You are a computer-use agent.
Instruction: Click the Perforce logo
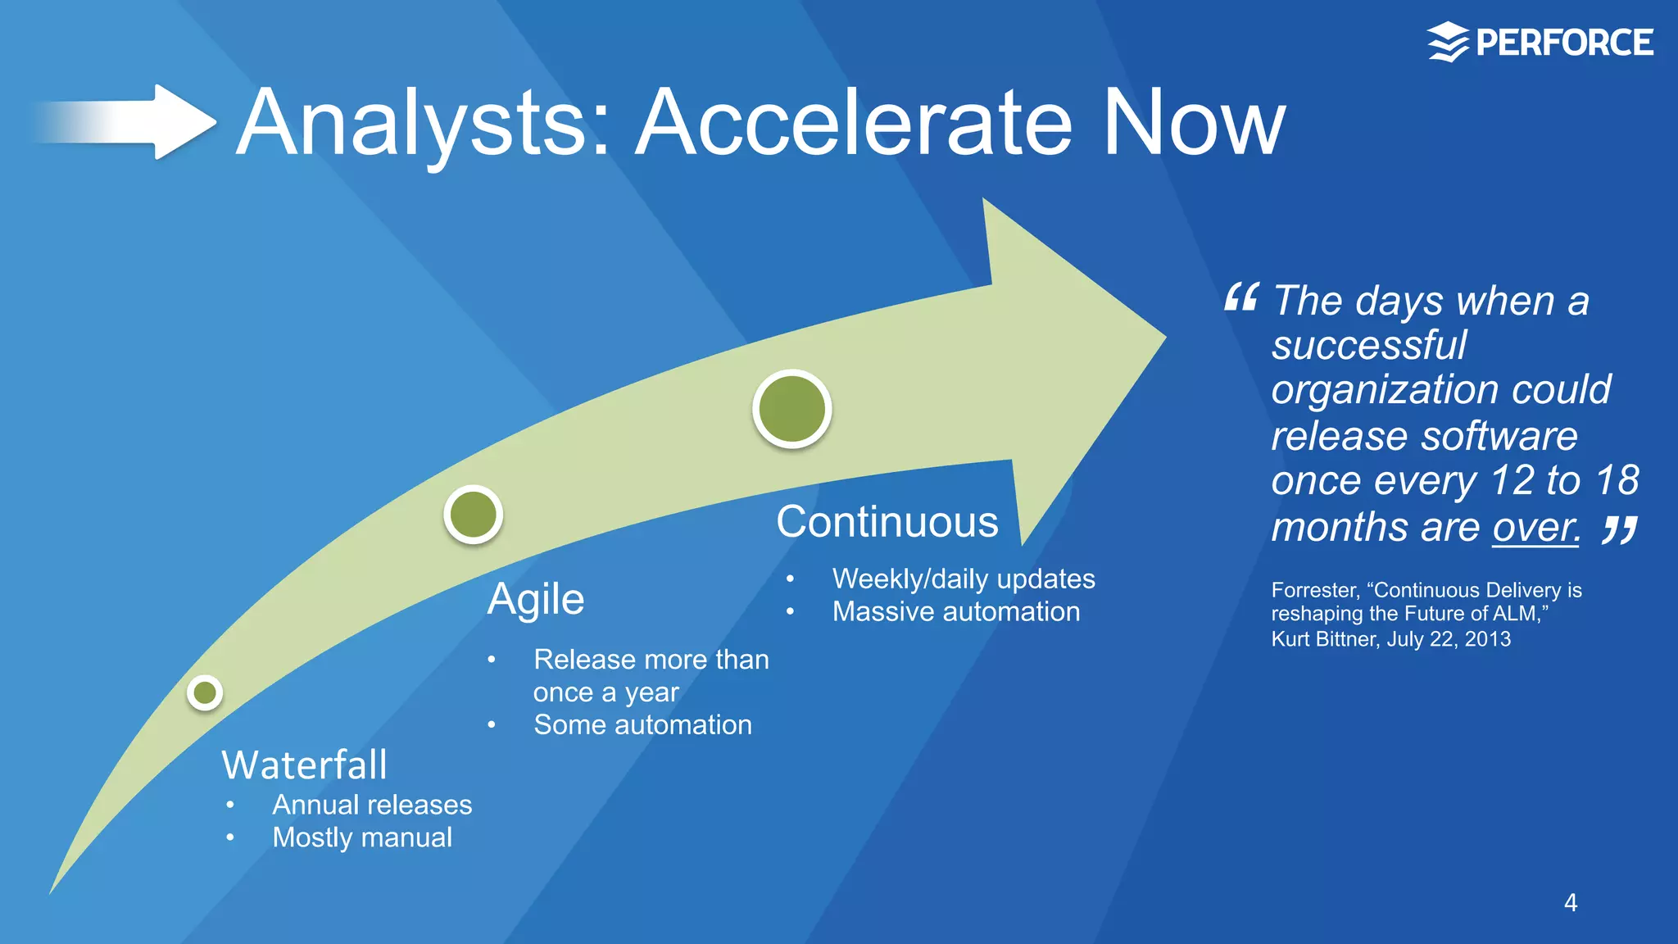1540,43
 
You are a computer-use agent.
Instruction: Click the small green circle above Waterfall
205,693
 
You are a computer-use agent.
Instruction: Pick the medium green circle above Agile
474,515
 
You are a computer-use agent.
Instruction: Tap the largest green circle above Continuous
792,409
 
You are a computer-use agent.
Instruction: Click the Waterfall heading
304,765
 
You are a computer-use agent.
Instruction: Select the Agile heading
536,599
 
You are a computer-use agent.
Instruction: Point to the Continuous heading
887,522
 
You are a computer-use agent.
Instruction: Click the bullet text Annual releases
372,805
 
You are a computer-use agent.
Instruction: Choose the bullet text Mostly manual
362,837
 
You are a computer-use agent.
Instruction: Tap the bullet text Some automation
642,725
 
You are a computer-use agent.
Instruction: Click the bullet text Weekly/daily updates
964,579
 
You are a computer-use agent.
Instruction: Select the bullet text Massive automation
956,612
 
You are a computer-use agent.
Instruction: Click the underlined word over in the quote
1535,528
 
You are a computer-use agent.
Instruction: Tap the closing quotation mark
1620,530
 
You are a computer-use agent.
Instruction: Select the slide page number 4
1570,903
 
